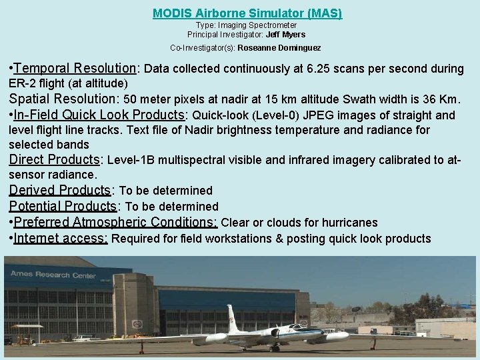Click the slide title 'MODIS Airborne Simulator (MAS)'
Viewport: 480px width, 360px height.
click(x=247, y=13)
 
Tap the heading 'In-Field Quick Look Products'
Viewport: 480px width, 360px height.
click(x=99, y=115)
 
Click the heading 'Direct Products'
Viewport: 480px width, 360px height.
click(x=54, y=160)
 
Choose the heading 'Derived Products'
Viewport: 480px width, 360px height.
click(x=59, y=191)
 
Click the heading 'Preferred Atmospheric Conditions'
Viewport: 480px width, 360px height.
click(x=115, y=222)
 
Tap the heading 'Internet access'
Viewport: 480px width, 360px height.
click(x=61, y=238)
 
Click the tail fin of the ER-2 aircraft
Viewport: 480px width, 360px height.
click(x=232, y=316)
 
